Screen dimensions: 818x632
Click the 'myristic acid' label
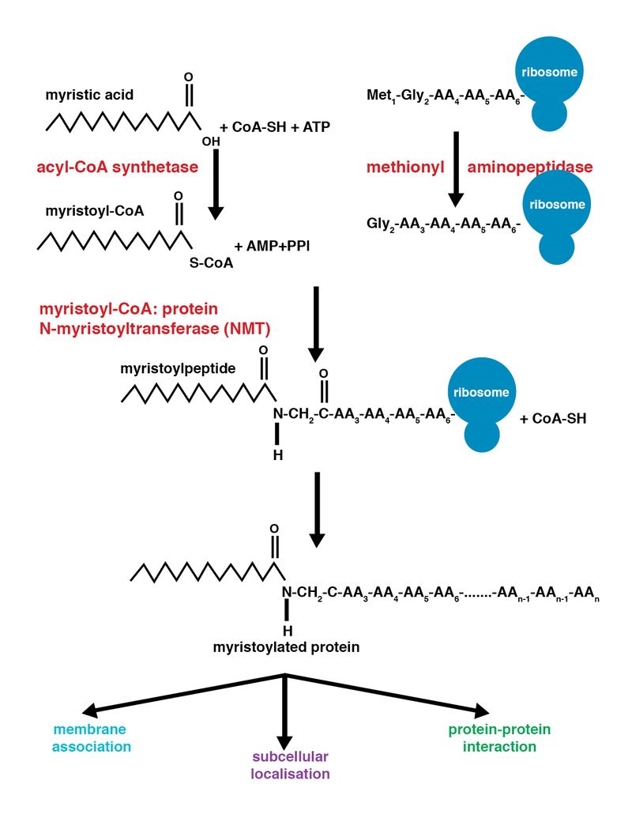[x=89, y=95]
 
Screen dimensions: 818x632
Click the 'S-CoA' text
[x=211, y=263]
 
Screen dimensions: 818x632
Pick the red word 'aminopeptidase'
[x=530, y=168]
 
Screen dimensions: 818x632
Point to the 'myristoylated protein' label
[x=286, y=647]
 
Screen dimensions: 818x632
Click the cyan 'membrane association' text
[x=89, y=737]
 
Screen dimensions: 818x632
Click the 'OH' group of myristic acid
[x=210, y=141]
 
